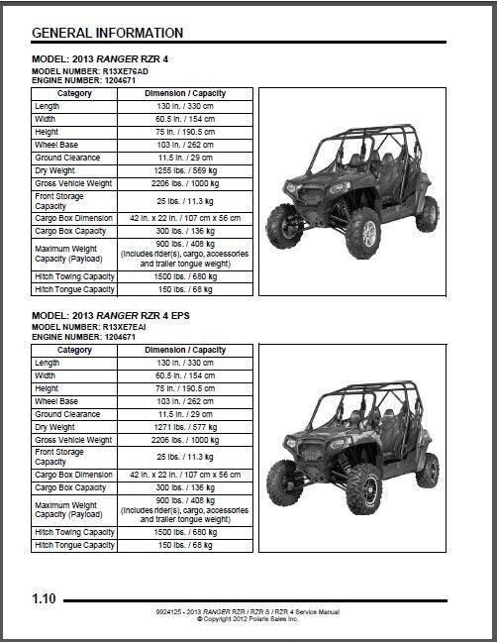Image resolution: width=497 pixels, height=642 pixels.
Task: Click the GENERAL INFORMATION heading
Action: [107, 34]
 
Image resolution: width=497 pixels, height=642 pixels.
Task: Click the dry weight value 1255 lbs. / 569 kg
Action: [186, 169]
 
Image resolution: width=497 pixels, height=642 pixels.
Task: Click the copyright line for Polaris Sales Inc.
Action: [248, 619]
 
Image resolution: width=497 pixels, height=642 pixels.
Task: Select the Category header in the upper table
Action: [75, 94]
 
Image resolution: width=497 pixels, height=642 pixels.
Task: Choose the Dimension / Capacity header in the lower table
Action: [186, 351]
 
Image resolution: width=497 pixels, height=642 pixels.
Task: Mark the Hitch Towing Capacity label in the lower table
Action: [75, 532]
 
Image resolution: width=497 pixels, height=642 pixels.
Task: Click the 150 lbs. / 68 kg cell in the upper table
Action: [186, 289]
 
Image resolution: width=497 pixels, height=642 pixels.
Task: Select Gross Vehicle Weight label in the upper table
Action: [74, 182]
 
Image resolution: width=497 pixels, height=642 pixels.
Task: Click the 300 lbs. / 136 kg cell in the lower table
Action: [186, 487]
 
